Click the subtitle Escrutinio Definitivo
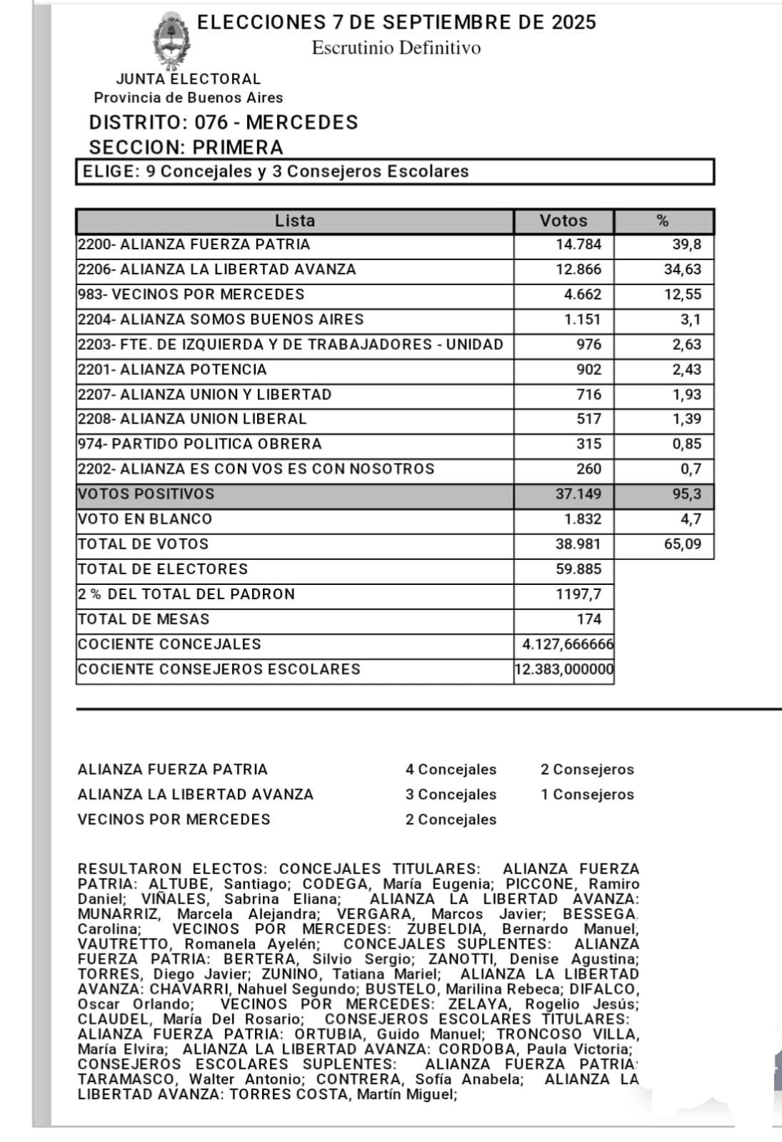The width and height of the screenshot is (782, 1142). [x=396, y=48]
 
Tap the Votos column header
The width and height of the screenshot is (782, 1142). [x=563, y=221]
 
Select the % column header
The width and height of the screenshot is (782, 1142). [x=663, y=221]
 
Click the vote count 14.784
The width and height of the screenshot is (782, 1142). [x=578, y=244]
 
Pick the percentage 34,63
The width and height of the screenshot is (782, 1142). [x=683, y=269]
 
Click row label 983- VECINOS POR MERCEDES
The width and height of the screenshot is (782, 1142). [x=191, y=294]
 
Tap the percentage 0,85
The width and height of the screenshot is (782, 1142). [x=686, y=444]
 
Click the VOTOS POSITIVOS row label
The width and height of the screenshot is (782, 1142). [x=146, y=494]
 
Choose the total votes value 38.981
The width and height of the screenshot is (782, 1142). [x=578, y=544]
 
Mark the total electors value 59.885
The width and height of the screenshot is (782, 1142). [x=578, y=569]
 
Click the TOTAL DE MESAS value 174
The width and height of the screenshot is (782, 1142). [x=589, y=618]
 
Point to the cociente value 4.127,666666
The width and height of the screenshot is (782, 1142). [x=567, y=643]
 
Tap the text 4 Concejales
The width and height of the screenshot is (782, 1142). [x=451, y=769]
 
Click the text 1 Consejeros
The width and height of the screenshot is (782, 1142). [x=587, y=794]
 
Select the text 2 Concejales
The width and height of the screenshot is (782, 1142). [x=451, y=819]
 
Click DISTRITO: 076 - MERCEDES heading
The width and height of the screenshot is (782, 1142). [x=224, y=122]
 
